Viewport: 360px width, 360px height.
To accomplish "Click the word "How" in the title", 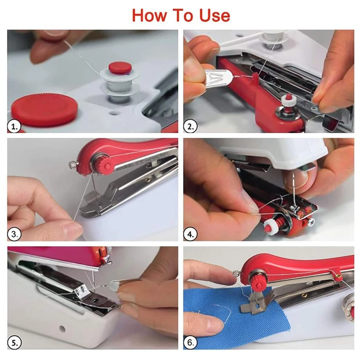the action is coord(149,16).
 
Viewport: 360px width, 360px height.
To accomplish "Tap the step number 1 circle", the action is coord(14,126).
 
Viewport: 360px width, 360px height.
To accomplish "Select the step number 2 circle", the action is coord(190,126).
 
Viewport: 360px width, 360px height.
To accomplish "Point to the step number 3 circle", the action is coord(14,234).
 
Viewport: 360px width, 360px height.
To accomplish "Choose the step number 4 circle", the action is coord(190,234).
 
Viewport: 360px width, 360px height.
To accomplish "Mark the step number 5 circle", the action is coord(14,343).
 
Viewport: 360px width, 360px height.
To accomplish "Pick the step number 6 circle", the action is coord(190,343).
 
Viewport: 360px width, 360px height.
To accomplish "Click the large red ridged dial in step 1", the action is coord(44,110).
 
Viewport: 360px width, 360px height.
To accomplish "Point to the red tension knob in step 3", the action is coord(106,164).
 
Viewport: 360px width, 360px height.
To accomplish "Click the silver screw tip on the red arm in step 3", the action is coord(73,164).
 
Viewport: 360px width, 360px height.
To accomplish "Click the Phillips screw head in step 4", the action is coord(311,221).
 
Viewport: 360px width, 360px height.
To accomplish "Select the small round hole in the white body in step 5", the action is coord(62,328).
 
